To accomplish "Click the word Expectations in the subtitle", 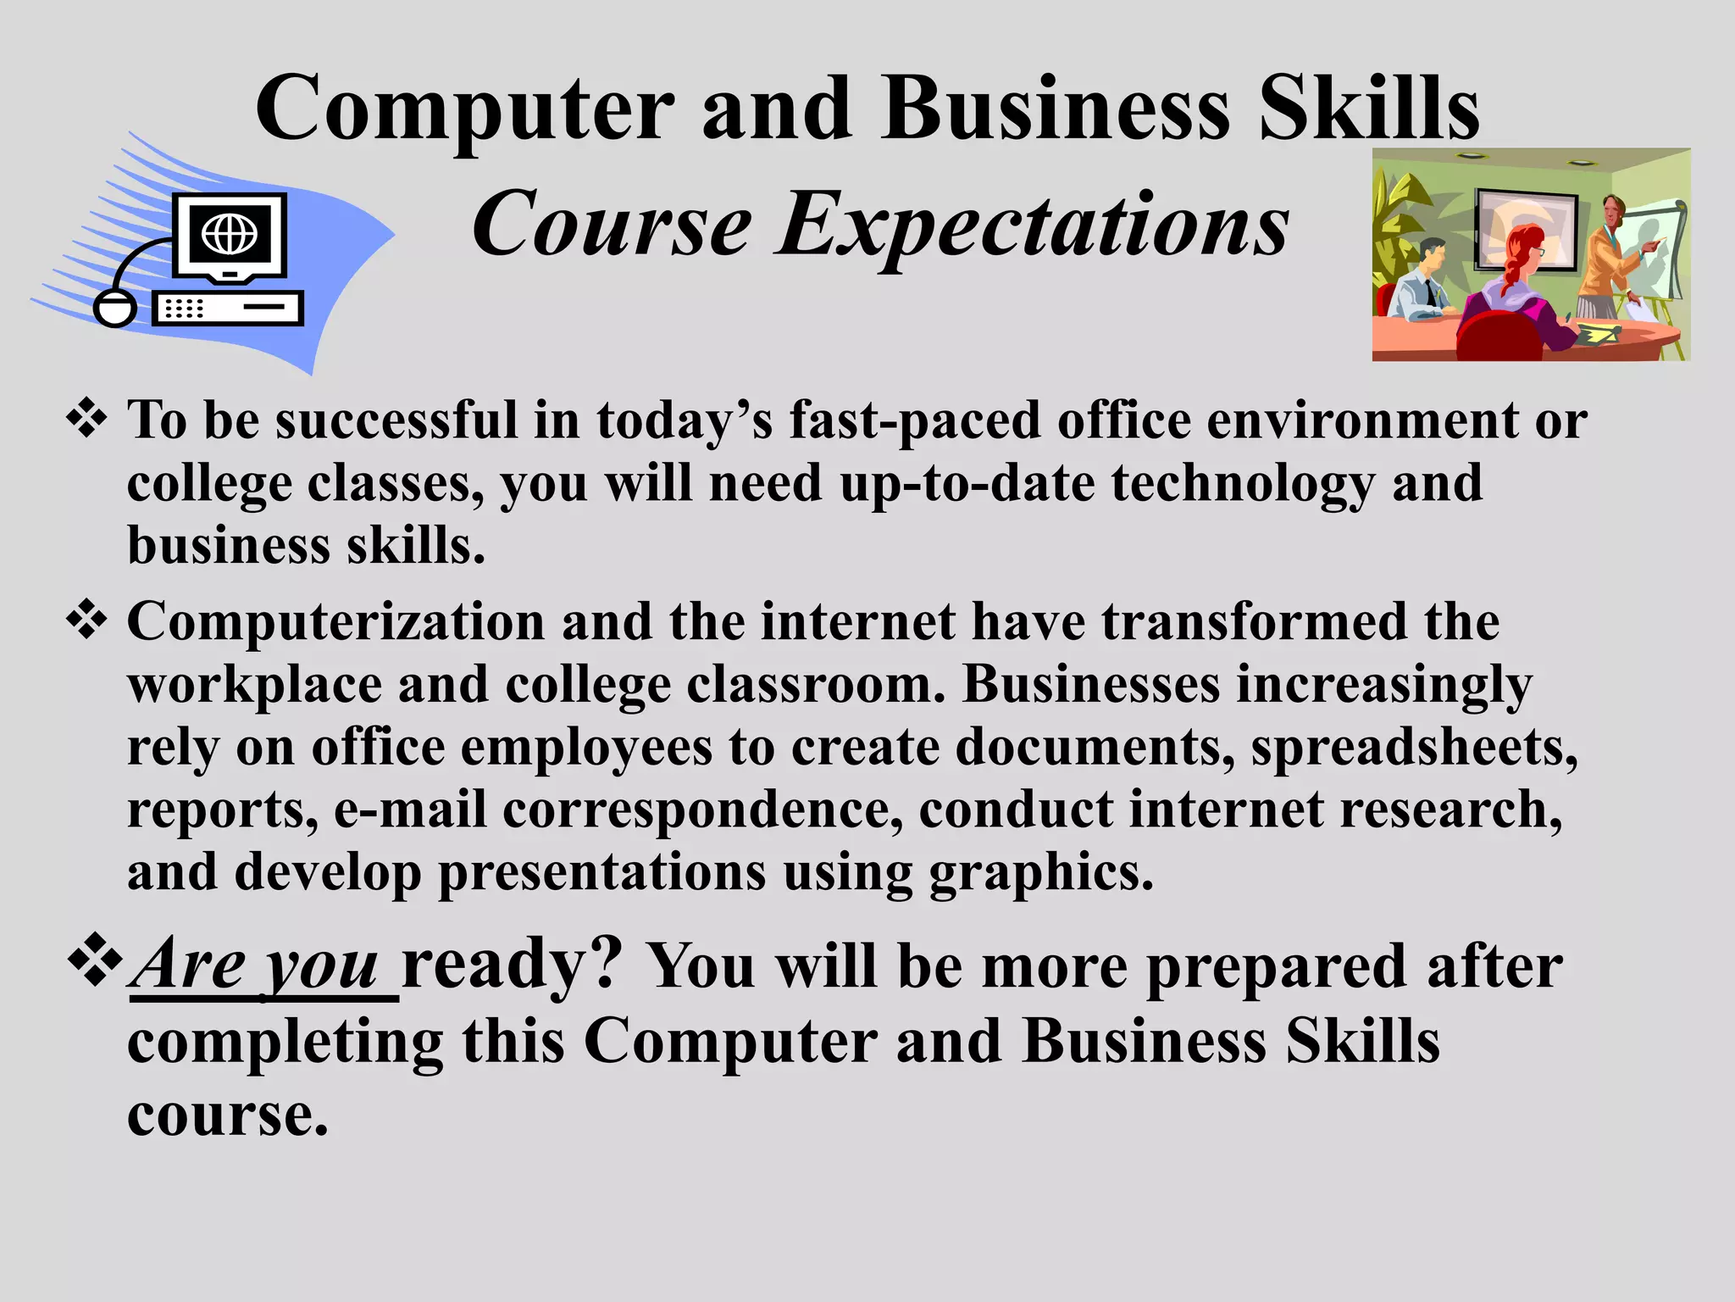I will [x=1034, y=225].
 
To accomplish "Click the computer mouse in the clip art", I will [x=114, y=308].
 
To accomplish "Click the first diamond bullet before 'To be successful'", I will [x=87, y=419].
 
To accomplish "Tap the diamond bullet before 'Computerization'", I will [x=87, y=620].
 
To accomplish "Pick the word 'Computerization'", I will [x=336, y=621].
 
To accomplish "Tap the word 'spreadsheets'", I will [x=1413, y=748].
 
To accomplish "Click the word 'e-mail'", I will [x=410, y=810].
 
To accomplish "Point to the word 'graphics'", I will [x=1041, y=873].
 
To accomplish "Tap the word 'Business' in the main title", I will [x=1056, y=108].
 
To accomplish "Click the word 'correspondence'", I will [x=702, y=810].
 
